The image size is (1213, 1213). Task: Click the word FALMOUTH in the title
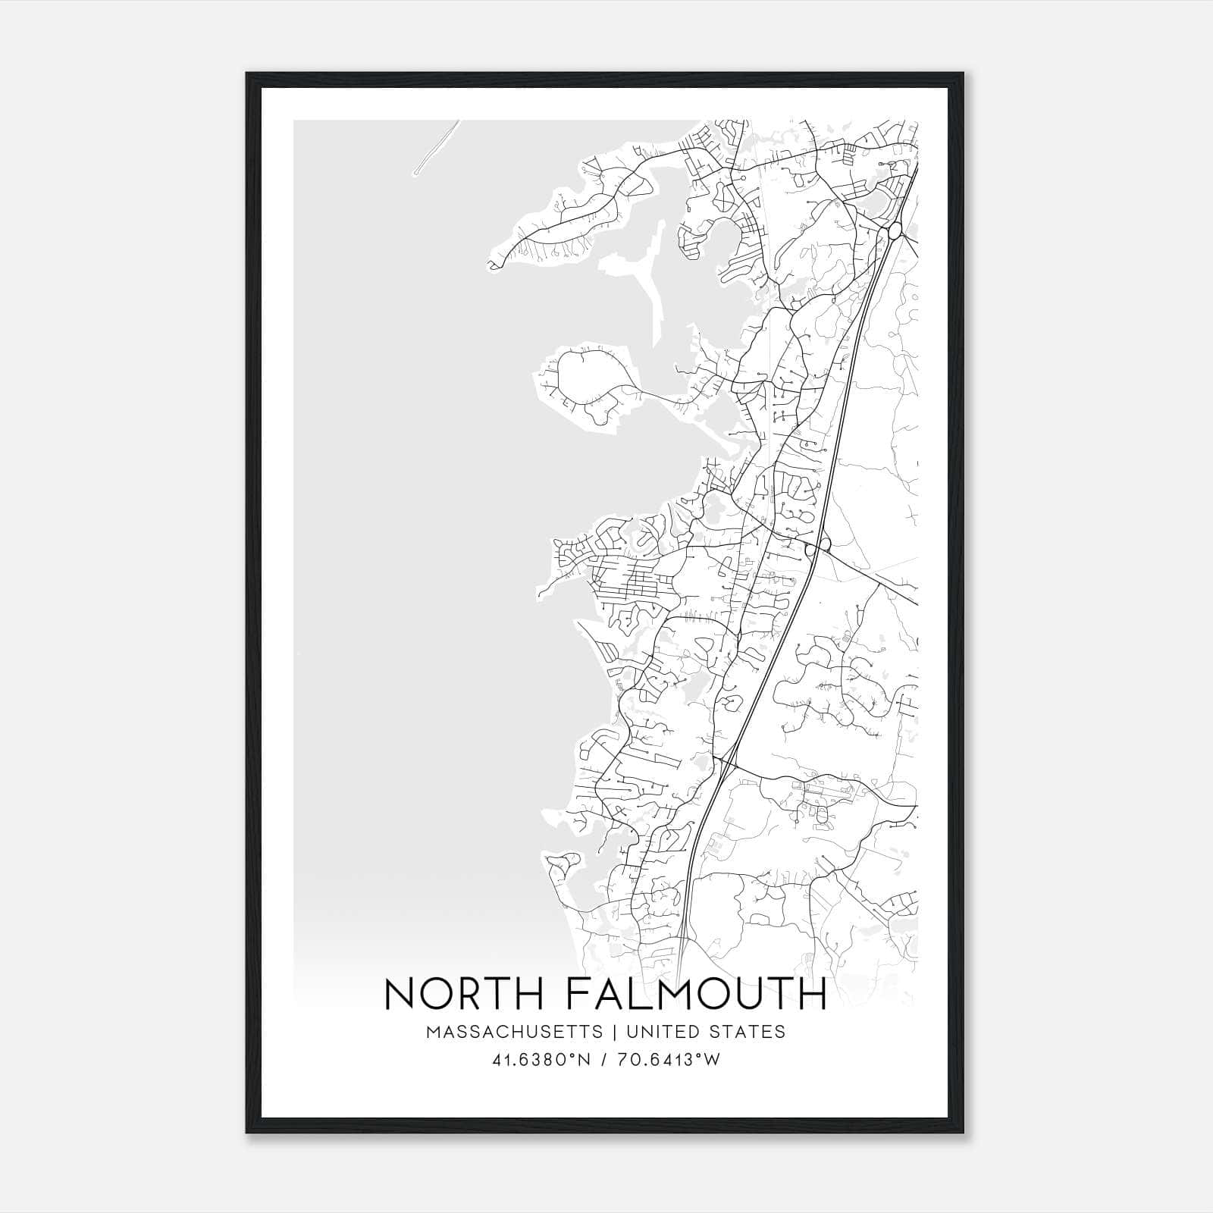click(696, 993)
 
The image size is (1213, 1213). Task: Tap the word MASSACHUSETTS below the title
click(514, 1032)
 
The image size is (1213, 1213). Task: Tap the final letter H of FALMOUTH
click(813, 993)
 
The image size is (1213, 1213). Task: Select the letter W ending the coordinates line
click(713, 1060)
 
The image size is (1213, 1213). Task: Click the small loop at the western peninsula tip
click(494, 264)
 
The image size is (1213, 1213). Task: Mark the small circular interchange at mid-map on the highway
click(819, 544)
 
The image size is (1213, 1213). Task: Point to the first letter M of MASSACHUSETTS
click(433, 1032)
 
